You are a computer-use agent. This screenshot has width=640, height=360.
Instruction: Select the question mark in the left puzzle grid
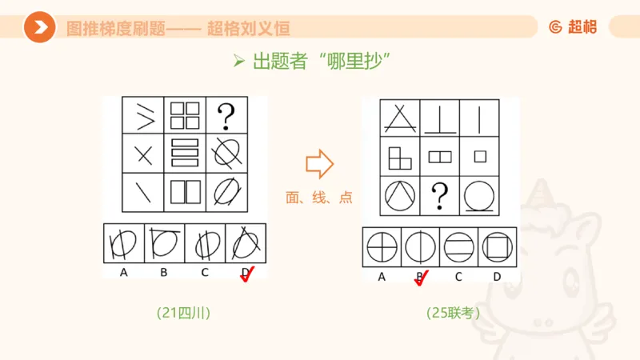[x=226, y=117]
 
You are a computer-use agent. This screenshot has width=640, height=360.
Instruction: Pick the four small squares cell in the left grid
[x=185, y=116]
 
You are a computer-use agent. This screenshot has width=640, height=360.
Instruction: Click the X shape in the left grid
[x=144, y=154]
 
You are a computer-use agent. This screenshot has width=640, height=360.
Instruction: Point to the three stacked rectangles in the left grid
[x=185, y=152]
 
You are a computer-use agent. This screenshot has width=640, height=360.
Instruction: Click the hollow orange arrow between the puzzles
[x=319, y=163]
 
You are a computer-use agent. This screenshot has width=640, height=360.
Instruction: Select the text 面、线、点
[x=319, y=197]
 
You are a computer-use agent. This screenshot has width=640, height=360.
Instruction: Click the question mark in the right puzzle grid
[x=438, y=194]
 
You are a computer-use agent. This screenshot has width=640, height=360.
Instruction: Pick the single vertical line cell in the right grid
[x=478, y=119]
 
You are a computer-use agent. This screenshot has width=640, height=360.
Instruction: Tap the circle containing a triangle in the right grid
[x=398, y=194]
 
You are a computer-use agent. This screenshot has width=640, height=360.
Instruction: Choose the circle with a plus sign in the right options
[x=382, y=246]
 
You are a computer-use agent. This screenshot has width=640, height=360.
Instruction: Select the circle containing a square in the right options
[x=496, y=246]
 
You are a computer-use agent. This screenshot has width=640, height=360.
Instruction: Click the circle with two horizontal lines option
[x=458, y=246]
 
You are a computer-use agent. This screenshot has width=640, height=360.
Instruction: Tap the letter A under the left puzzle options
[x=124, y=273]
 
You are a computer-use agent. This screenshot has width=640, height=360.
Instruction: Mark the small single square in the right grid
[x=478, y=156]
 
